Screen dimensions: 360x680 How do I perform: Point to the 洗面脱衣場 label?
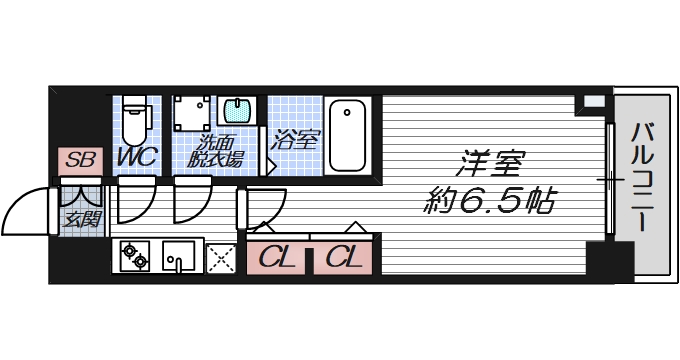[217, 151]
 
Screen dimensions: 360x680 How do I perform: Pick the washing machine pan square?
[192, 116]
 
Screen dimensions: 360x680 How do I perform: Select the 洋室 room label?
[491, 163]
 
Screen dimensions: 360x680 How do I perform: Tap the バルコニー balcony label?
[643, 176]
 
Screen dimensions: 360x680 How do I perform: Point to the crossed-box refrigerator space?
[221, 258]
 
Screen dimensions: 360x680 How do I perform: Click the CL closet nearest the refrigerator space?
[276, 257]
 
